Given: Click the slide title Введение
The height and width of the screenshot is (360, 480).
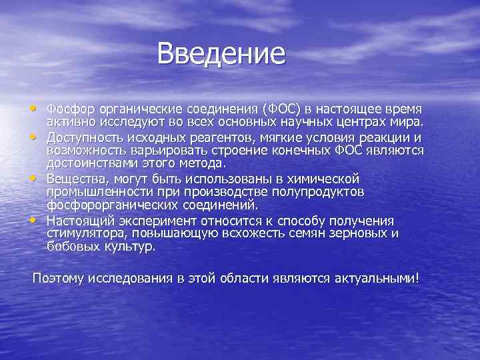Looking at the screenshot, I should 221,54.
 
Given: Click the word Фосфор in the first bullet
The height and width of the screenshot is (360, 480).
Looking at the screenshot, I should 69,108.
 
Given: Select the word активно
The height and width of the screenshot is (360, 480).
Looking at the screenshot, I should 69,120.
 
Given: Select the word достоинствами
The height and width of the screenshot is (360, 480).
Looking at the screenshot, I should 92,162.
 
